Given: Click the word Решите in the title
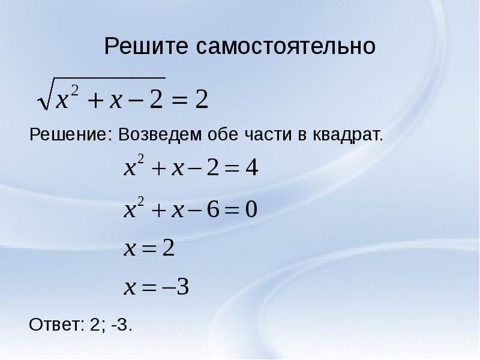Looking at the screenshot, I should pos(146,46).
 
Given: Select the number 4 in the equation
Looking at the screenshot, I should pos(252,170).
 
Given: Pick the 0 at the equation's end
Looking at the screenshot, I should pos(251,209).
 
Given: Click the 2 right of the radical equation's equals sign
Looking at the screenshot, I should pos(202,100).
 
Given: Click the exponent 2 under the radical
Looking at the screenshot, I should pos(76,88).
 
